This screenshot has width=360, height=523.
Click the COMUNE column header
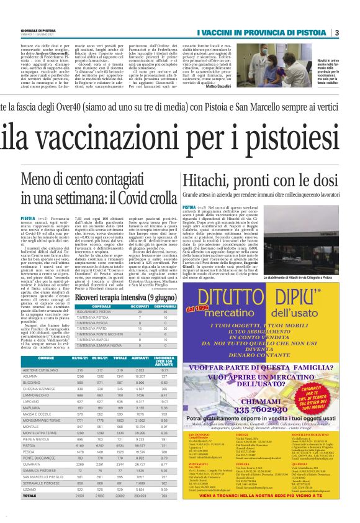pyautogui.click(x=46, y=357)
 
